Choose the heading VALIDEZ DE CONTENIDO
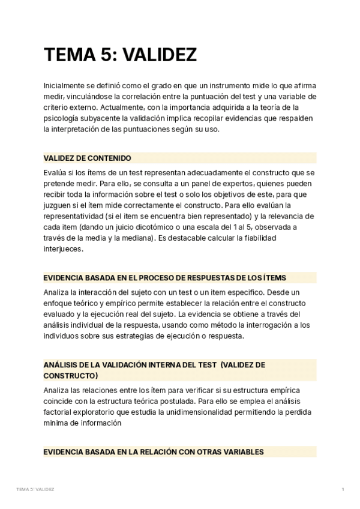[x=87, y=158]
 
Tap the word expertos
[x=231, y=183]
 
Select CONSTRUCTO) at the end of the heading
[x=70, y=375]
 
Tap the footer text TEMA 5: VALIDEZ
[x=35, y=490]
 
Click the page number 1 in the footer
[x=343, y=490]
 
